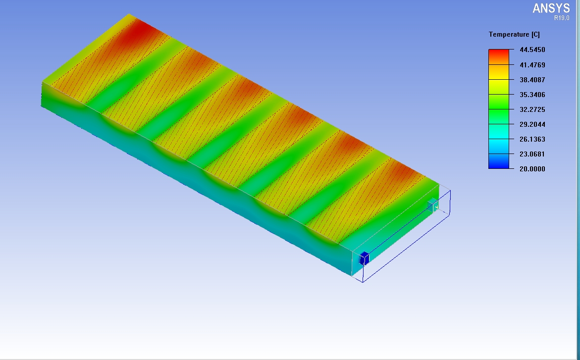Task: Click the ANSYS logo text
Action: (x=551, y=8)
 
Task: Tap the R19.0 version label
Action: (x=562, y=18)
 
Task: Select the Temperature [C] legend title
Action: (x=514, y=34)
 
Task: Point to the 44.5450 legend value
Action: (x=532, y=50)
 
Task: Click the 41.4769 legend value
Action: (x=532, y=65)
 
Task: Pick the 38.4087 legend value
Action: (x=532, y=80)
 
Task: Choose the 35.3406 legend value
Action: (x=532, y=95)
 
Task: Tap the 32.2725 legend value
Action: (x=532, y=109)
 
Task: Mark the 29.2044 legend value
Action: (x=532, y=124)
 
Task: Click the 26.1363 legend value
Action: (x=532, y=139)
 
